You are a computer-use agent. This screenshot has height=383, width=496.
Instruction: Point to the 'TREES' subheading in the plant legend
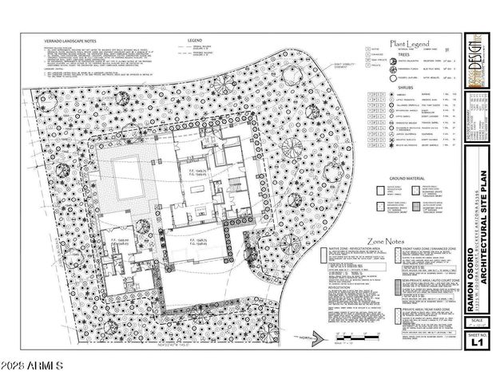click(x=410, y=55)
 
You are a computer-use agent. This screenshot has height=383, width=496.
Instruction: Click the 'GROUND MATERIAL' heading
click(x=407, y=179)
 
